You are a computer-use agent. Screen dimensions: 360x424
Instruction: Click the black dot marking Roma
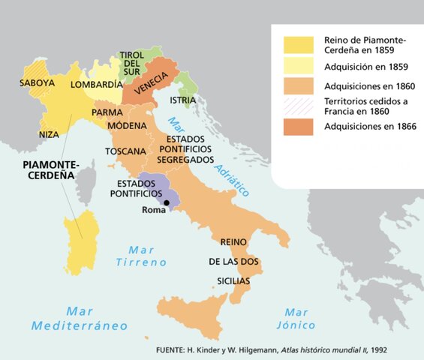pos(167,202)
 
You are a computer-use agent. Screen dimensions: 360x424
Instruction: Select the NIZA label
pos(49,134)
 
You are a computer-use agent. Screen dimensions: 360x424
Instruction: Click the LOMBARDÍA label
pos(96,85)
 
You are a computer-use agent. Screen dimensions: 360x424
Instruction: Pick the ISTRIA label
pos(183,100)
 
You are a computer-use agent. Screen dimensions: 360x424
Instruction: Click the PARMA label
pos(107,112)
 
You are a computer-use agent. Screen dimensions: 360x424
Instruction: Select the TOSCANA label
pos(125,151)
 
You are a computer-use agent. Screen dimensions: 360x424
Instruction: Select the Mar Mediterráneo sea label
pos(79,318)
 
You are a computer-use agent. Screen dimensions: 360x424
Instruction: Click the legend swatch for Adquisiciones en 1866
pos(298,127)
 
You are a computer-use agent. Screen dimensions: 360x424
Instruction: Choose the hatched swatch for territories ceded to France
pos(298,106)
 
